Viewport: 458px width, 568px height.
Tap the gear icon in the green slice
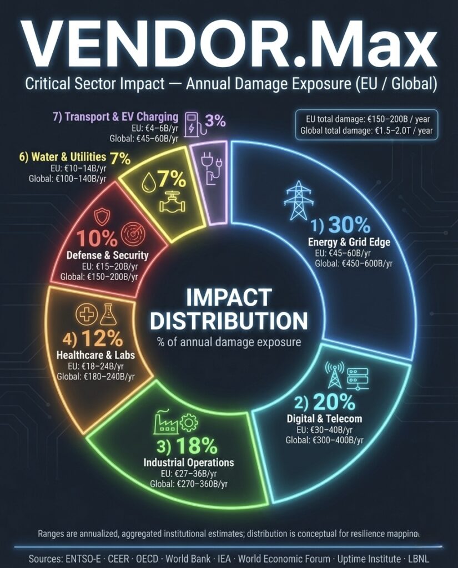click(x=189, y=423)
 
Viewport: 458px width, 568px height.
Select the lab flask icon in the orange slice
click(x=107, y=314)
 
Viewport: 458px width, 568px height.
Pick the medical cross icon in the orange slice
click(x=85, y=315)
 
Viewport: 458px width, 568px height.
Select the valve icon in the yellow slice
click(x=169, y=204)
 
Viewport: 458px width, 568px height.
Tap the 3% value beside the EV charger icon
click(x=215, y=120)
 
